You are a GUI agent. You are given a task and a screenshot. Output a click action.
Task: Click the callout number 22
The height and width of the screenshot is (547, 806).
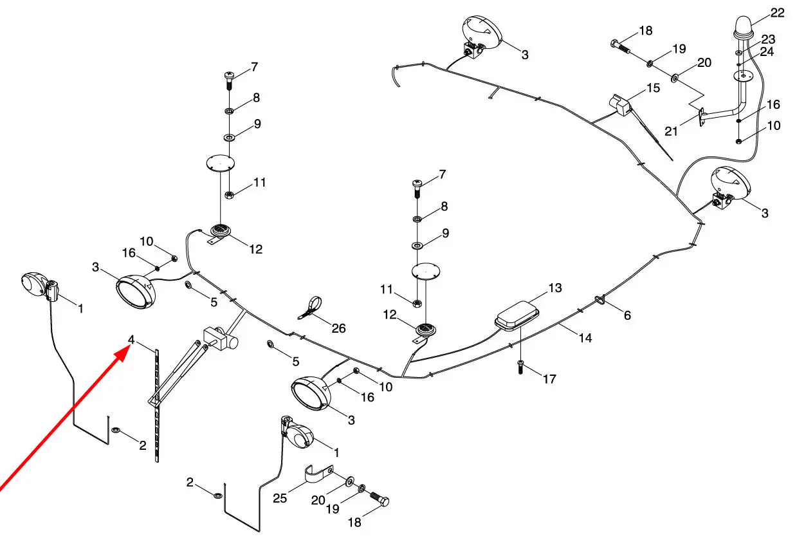777,13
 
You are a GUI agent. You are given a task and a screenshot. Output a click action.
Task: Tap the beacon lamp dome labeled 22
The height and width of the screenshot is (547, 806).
744,27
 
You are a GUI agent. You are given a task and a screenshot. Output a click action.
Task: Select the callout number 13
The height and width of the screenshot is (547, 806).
555,288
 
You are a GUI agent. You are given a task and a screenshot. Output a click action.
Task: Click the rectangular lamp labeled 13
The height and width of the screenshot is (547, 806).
517,315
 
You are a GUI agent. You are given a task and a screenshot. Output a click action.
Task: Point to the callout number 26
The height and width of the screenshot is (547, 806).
338,328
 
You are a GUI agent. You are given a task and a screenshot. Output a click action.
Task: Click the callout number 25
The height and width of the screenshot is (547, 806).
280,499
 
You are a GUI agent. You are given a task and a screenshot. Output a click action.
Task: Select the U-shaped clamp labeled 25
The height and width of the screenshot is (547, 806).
319,474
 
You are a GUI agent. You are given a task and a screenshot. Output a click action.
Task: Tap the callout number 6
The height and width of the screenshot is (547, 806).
627,315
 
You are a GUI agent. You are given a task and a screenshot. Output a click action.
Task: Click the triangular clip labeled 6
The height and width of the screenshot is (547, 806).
600,300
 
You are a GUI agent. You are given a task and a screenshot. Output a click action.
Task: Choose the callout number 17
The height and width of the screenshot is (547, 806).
549,379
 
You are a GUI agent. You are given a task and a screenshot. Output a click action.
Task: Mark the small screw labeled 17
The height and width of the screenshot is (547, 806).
520,367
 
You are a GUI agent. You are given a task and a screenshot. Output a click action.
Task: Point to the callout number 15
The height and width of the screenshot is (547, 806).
653,88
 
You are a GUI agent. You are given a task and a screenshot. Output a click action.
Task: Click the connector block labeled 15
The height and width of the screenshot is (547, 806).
621,106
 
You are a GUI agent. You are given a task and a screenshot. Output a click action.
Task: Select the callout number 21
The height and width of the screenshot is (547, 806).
671,131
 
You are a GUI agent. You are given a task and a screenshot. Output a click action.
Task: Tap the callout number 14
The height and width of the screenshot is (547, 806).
585,338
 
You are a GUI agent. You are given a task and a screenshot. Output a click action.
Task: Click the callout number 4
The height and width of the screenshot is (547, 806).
131,339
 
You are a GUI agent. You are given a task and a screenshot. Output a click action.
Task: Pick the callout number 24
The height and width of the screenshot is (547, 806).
766,52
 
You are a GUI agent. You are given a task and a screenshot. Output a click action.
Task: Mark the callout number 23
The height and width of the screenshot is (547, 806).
768,39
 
